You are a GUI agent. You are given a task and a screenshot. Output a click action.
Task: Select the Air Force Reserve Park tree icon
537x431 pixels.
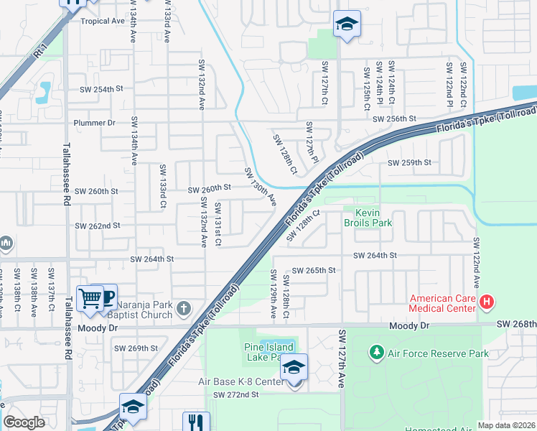375,353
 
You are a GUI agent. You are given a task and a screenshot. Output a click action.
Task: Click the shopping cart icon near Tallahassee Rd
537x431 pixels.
90,297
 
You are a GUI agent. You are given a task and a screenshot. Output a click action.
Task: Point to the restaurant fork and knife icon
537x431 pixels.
195,422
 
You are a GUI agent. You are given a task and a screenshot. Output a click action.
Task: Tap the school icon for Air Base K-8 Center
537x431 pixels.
294,367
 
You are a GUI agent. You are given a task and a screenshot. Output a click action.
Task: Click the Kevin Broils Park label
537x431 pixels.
368,217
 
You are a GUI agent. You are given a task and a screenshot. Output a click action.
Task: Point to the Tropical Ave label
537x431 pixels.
103,21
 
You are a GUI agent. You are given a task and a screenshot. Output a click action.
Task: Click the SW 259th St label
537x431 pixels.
409,163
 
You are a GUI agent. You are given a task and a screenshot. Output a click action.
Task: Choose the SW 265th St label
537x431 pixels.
319,270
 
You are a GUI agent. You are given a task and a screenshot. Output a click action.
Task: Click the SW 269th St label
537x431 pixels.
136,348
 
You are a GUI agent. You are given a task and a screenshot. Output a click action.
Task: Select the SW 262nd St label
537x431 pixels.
98,226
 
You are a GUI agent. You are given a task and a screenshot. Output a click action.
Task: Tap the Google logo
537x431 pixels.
24,422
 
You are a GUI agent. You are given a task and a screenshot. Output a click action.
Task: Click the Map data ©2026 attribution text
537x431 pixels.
506,425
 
